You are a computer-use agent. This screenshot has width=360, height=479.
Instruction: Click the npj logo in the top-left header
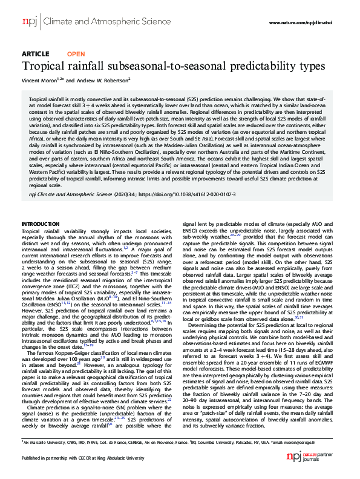click(28, 23)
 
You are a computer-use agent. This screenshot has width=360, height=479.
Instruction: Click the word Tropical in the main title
click(47, 65)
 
